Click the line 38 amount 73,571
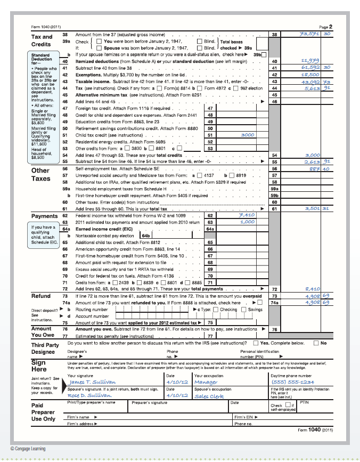tap(309, 34)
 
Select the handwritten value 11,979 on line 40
tap(309, 61)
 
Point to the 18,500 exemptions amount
tap(309, 75)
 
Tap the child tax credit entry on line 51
tap(248, 135)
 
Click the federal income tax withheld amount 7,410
tap(247, 215)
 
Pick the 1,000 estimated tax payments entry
tap(247, 222)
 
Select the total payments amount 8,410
tap(312, 289)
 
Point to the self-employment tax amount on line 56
tap(312, 168)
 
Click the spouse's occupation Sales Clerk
tap(209, 396)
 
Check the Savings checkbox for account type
tap(244, 309)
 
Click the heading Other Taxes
tap(40, 174)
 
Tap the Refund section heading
tap(41, 296)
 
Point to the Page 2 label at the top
tap(325, 26)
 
